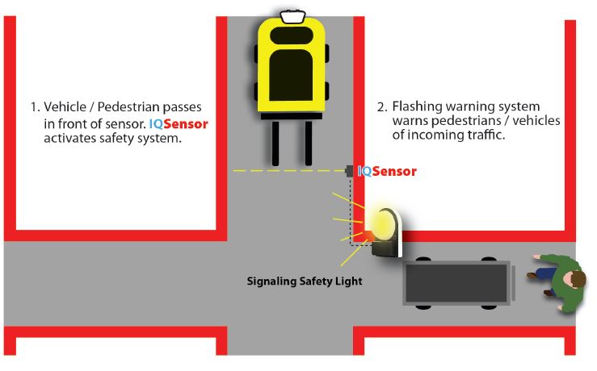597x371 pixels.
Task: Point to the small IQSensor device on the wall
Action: (349, 171)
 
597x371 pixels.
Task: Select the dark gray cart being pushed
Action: (457, 281)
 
